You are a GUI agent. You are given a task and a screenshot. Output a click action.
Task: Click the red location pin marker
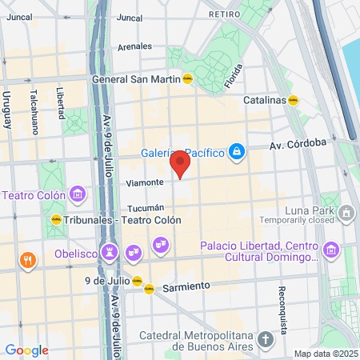click(x=180, y=165)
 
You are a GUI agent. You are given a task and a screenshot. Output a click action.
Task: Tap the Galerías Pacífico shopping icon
click(x=237, y=150)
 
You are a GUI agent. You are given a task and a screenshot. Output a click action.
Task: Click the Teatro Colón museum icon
click(x=78, y=194)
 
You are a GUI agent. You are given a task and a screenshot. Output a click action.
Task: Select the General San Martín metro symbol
click(x=187, y=78)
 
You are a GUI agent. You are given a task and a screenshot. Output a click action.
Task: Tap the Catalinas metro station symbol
click(x=294, y=101)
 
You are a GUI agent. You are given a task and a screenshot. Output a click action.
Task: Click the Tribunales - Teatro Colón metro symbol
click(x=56, y=219)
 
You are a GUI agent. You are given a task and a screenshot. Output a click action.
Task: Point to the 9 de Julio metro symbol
click(x=138, y=281)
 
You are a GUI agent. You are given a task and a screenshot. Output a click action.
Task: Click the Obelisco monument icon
click(x=110, y=253)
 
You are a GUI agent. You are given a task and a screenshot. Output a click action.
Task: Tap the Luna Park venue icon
click(x=346, y=212)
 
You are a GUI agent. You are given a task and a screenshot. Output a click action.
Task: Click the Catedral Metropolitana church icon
click(x=266, y=340)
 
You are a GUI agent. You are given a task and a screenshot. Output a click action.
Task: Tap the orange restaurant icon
click(x=28, y=259)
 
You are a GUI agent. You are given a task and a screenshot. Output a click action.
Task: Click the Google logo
click(x=26, y=350)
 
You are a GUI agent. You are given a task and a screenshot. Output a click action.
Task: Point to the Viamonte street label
click(x=145, y=183)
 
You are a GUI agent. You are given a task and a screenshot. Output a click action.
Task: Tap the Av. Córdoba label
click(x=298, y=145)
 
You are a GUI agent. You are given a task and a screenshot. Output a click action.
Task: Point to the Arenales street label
click(x=134, y=47)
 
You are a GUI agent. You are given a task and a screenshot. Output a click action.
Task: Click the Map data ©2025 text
click(x=325, y=354)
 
